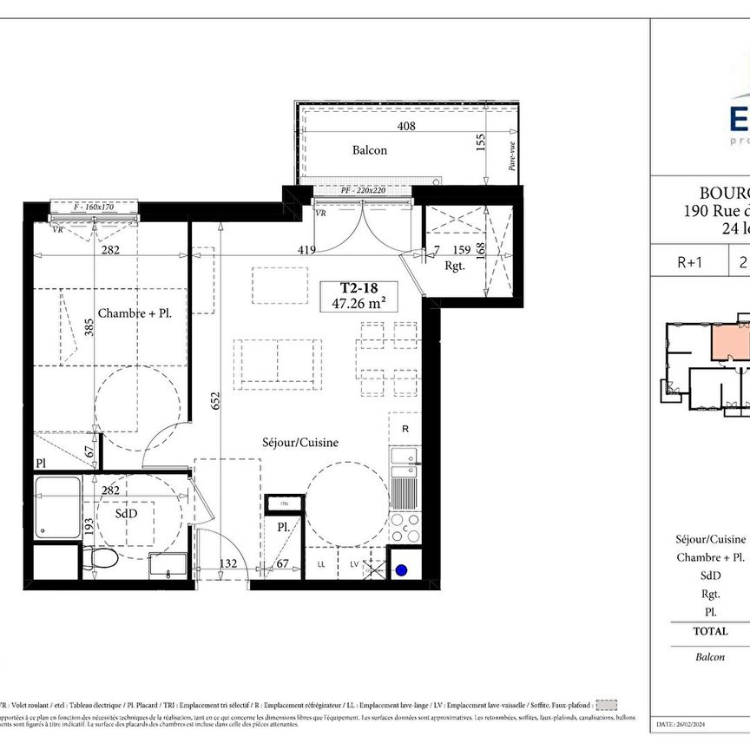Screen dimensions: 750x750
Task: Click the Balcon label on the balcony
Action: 369,150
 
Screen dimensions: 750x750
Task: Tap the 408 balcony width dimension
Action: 406,127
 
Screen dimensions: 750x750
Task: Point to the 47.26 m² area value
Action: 359,304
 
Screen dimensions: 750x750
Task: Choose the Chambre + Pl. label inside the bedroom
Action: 134,313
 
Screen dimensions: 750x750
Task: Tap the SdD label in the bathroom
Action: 127,514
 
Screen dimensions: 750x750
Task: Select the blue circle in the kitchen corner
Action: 402,570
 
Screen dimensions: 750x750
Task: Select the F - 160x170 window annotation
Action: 95,207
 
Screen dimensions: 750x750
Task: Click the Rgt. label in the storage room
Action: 454,266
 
